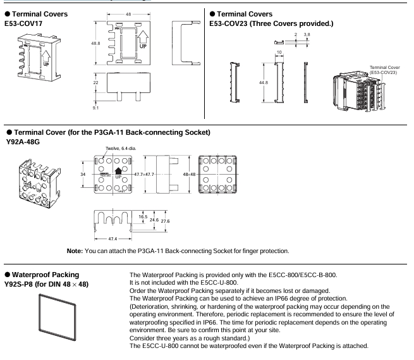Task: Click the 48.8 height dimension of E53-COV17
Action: click(x=95, y=43)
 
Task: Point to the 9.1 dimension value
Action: click(x=95, y=108)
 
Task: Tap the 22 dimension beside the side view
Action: click(x=95, y=82)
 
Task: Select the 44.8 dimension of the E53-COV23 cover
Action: click(x=263, y=82)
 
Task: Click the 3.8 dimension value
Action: click(x=307, y=35)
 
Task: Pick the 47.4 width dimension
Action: click(x=113, y=239)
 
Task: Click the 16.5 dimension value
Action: click(x=143, y=217)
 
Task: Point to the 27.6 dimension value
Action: click(x=165, y=221)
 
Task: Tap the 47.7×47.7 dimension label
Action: click(x=144, y=175)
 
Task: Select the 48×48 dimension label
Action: click(x=189, y=175)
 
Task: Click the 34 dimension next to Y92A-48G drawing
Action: click(x=83, y=175)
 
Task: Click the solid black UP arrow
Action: click(x=118, y=171)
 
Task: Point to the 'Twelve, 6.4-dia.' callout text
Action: click(x=121, y=149)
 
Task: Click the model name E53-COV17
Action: click(x=23, y=23)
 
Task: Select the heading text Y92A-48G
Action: click(x=23, y=142)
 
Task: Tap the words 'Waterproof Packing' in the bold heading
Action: click(x=46, y=275)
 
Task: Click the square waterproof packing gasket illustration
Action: click(x=40, y=313)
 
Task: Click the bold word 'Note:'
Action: click(x=75, y=251)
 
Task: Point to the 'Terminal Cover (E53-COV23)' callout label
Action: click(x=384, y=70)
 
